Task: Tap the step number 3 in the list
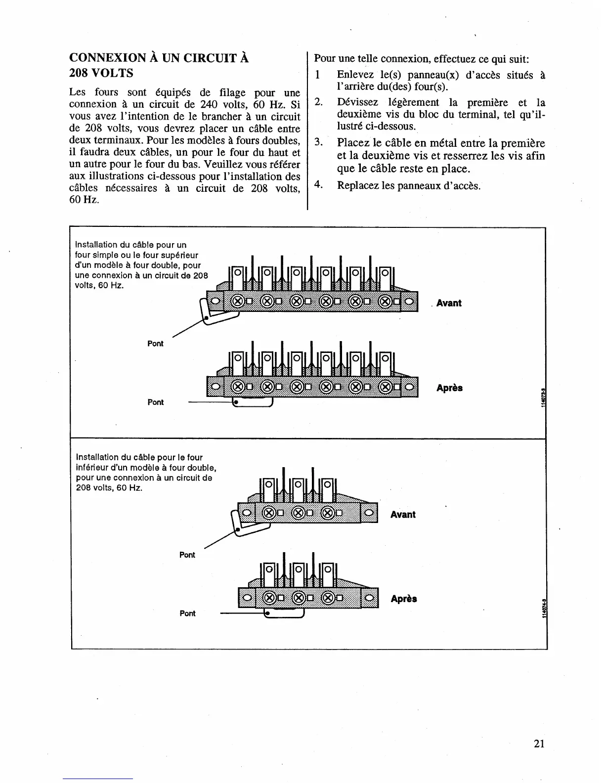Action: point(319,143)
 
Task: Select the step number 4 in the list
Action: point(319,185)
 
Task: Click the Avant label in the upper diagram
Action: point(449,303)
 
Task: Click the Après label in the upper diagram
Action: point(449,388)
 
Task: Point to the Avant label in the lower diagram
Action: point(403,515)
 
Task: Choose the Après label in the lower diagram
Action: point(403,599)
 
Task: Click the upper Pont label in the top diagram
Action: point(155,344)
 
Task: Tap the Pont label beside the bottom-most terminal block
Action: point(187,613)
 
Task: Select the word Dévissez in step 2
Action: point(358,102)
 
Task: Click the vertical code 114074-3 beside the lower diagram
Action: point(544,608)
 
